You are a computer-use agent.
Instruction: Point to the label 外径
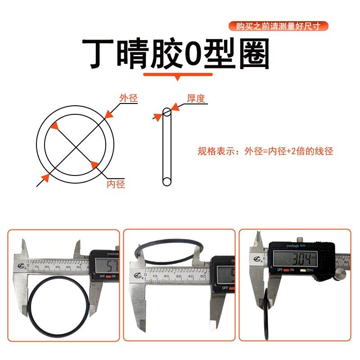pyautogui.click(x=128, y=98)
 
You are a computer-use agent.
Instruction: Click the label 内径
pyautogui.click(x=116, y=184)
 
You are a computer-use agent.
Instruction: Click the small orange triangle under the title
pyautogui.click(x=178, y=78)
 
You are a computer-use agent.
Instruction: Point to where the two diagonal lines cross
pyautogui.click(x=75, y=144)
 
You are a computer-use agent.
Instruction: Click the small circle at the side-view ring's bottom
pyautogui.click(x=166, y=182)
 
